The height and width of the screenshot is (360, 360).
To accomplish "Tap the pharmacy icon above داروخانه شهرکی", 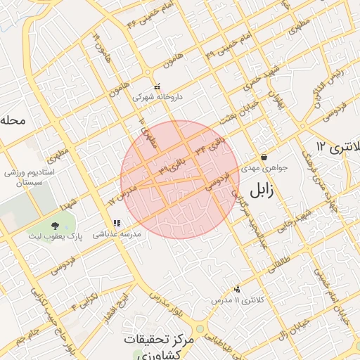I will (157, 86).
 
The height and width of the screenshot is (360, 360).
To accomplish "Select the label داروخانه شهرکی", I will (158, 97).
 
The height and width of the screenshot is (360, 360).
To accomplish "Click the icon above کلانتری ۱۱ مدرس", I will (237, 288).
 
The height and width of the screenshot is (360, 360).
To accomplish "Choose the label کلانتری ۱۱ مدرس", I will (240, 300).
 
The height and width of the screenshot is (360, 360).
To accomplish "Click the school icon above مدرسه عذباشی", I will (117, 223).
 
